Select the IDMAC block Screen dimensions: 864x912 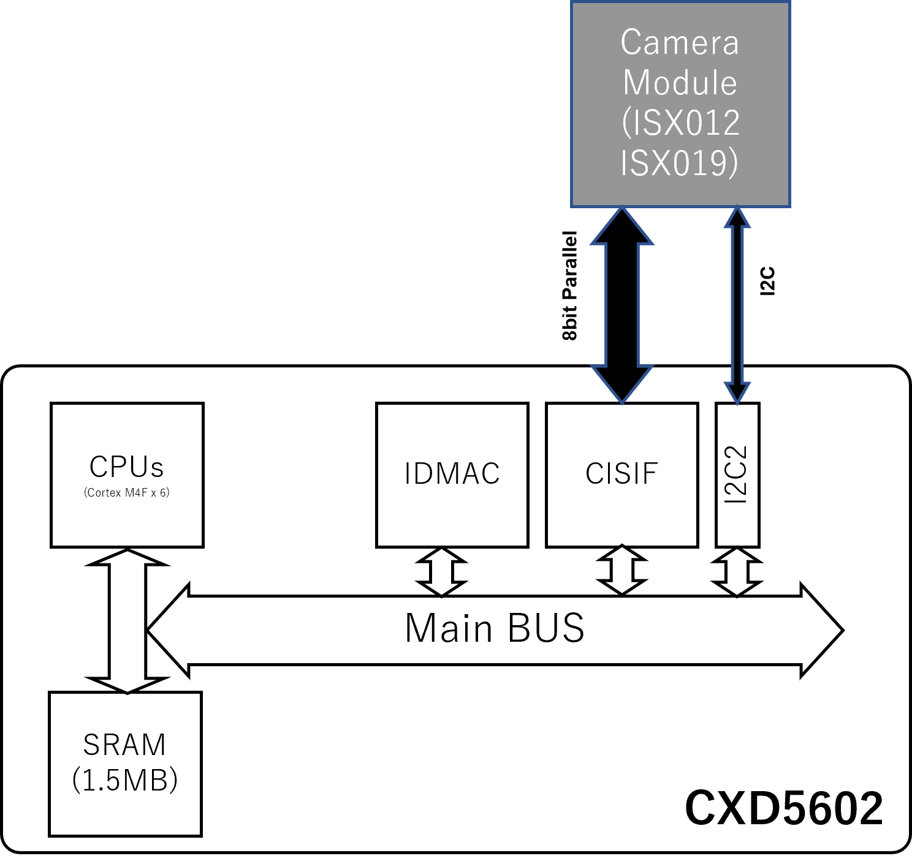452,474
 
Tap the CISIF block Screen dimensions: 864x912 621,474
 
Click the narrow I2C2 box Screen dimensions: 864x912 737,475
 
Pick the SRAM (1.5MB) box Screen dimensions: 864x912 125,763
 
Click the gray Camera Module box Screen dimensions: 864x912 680,104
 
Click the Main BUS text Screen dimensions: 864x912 495,629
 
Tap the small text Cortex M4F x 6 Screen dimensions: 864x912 127,493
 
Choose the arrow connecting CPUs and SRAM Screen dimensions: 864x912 127,621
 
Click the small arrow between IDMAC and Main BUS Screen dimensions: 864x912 441,572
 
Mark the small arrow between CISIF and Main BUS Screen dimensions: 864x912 622,571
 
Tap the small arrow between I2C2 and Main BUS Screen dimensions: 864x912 737,572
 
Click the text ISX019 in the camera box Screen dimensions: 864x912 679,163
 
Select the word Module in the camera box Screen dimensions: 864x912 680,83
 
